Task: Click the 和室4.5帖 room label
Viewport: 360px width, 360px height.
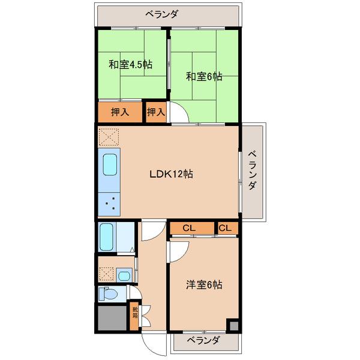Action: pos(130,65)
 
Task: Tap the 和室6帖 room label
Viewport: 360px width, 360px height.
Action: pos(204,76)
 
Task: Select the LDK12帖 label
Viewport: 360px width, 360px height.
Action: pos(171,174)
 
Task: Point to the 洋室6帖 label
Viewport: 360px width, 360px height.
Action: pos(204,284)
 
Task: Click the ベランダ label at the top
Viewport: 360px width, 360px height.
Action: pos(161,14)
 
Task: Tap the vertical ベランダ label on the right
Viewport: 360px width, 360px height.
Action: pos(252,170)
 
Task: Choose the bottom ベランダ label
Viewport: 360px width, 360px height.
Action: pos(203,340)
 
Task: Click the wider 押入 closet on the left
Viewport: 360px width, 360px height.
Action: pos(120,112)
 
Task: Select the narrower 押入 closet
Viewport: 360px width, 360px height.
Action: pos(156,112)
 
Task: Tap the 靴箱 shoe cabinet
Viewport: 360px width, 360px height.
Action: pos(134,316)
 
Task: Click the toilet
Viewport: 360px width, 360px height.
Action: pos(108,294)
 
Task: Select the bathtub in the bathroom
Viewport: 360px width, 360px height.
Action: pos(107,237)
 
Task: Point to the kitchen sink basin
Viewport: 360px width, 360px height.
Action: pos(110,164)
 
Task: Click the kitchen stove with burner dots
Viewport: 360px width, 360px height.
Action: pos(109,204)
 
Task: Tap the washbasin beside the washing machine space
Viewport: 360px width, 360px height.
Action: pos(124,275)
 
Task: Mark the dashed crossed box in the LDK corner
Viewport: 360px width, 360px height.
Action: pos(109,137)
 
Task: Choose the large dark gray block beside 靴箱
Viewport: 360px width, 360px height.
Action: pos(112,318)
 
